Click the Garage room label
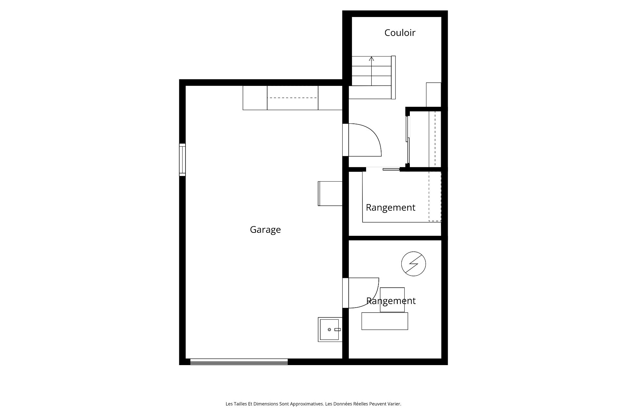[x=265, y=230]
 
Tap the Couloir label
[x=400, y=33]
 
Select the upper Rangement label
[x=391, y=208]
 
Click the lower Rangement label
[x=391, y=301]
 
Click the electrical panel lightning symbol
[x=413, y=264]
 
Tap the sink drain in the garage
[x=329, y=330]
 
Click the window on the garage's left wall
[x=182, y=160]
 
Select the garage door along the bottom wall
[x=239, y=362]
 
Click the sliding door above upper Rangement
[x=391, y=169]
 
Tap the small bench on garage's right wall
[x=330, y=194]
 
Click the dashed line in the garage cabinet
[x=292, y=98]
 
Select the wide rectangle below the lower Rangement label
[x=385, y=321]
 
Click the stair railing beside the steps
[x=394, y=77]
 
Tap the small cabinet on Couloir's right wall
[x=434, y=95]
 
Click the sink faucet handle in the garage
[x=337, y=330]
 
